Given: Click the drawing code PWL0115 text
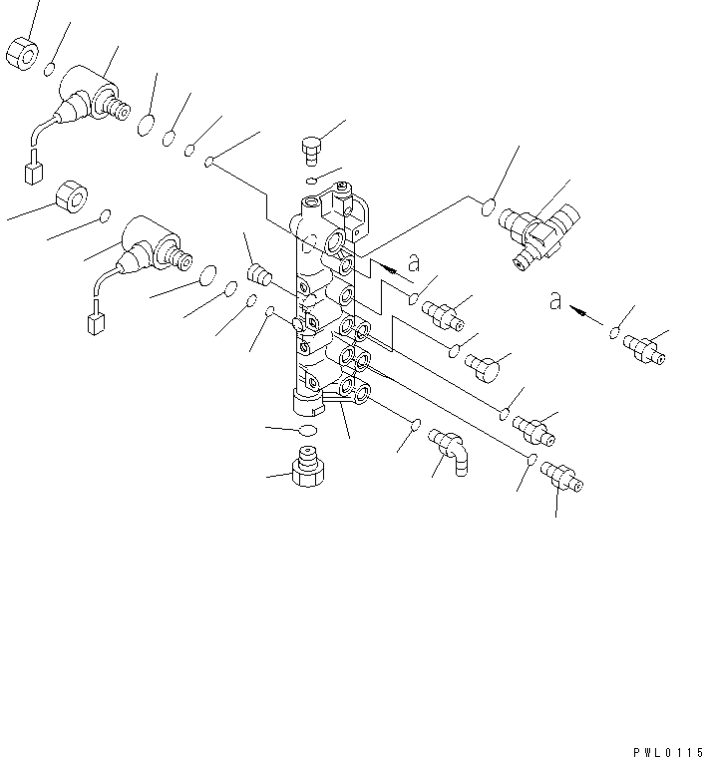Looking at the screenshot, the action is [x=668, y=752].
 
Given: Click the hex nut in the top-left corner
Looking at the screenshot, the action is [x=22, y=54].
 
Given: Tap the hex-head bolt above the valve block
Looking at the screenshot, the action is [x=311, y=151].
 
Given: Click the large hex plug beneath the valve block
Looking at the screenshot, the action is [x=307, y=467].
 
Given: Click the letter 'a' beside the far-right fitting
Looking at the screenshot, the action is [x=555, y=302].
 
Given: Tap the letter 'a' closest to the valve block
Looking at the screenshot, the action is [x=414, y=262].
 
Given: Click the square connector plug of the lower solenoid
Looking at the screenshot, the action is [x=96, y=323].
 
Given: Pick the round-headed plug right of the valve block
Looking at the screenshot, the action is [x=483, y=368].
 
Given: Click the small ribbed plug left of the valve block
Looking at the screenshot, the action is [x=259, y=274].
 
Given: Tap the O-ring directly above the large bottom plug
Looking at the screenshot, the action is [x=308, y=430].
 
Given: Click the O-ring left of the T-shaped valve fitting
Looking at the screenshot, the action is [x=489, y=208].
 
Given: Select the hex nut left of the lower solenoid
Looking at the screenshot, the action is [x=72, y=196].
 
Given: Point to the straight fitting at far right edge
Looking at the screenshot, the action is [x=644, y=349].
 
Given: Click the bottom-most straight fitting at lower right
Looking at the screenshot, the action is [x=561, y=477].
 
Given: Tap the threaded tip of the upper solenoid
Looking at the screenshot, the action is [x=118, y=110].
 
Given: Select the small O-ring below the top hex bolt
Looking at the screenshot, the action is [x=312, y=182].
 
